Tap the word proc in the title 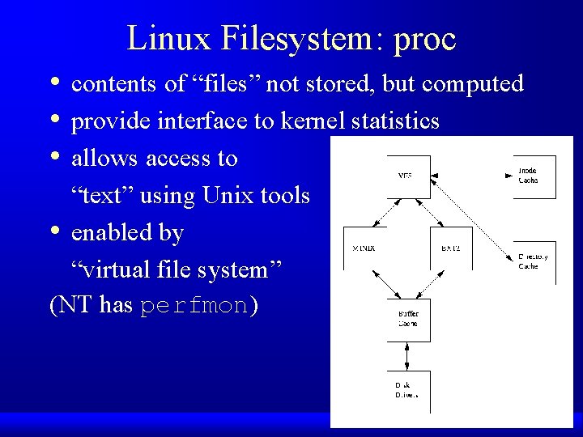tap(424, 39)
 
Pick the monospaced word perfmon tap(194, 307)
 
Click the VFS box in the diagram tap(406, 176)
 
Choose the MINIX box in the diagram tap(364, 248)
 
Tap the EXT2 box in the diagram tap(449, 248)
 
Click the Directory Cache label tap(533, 261)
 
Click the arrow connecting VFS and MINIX tap(383, 213)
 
